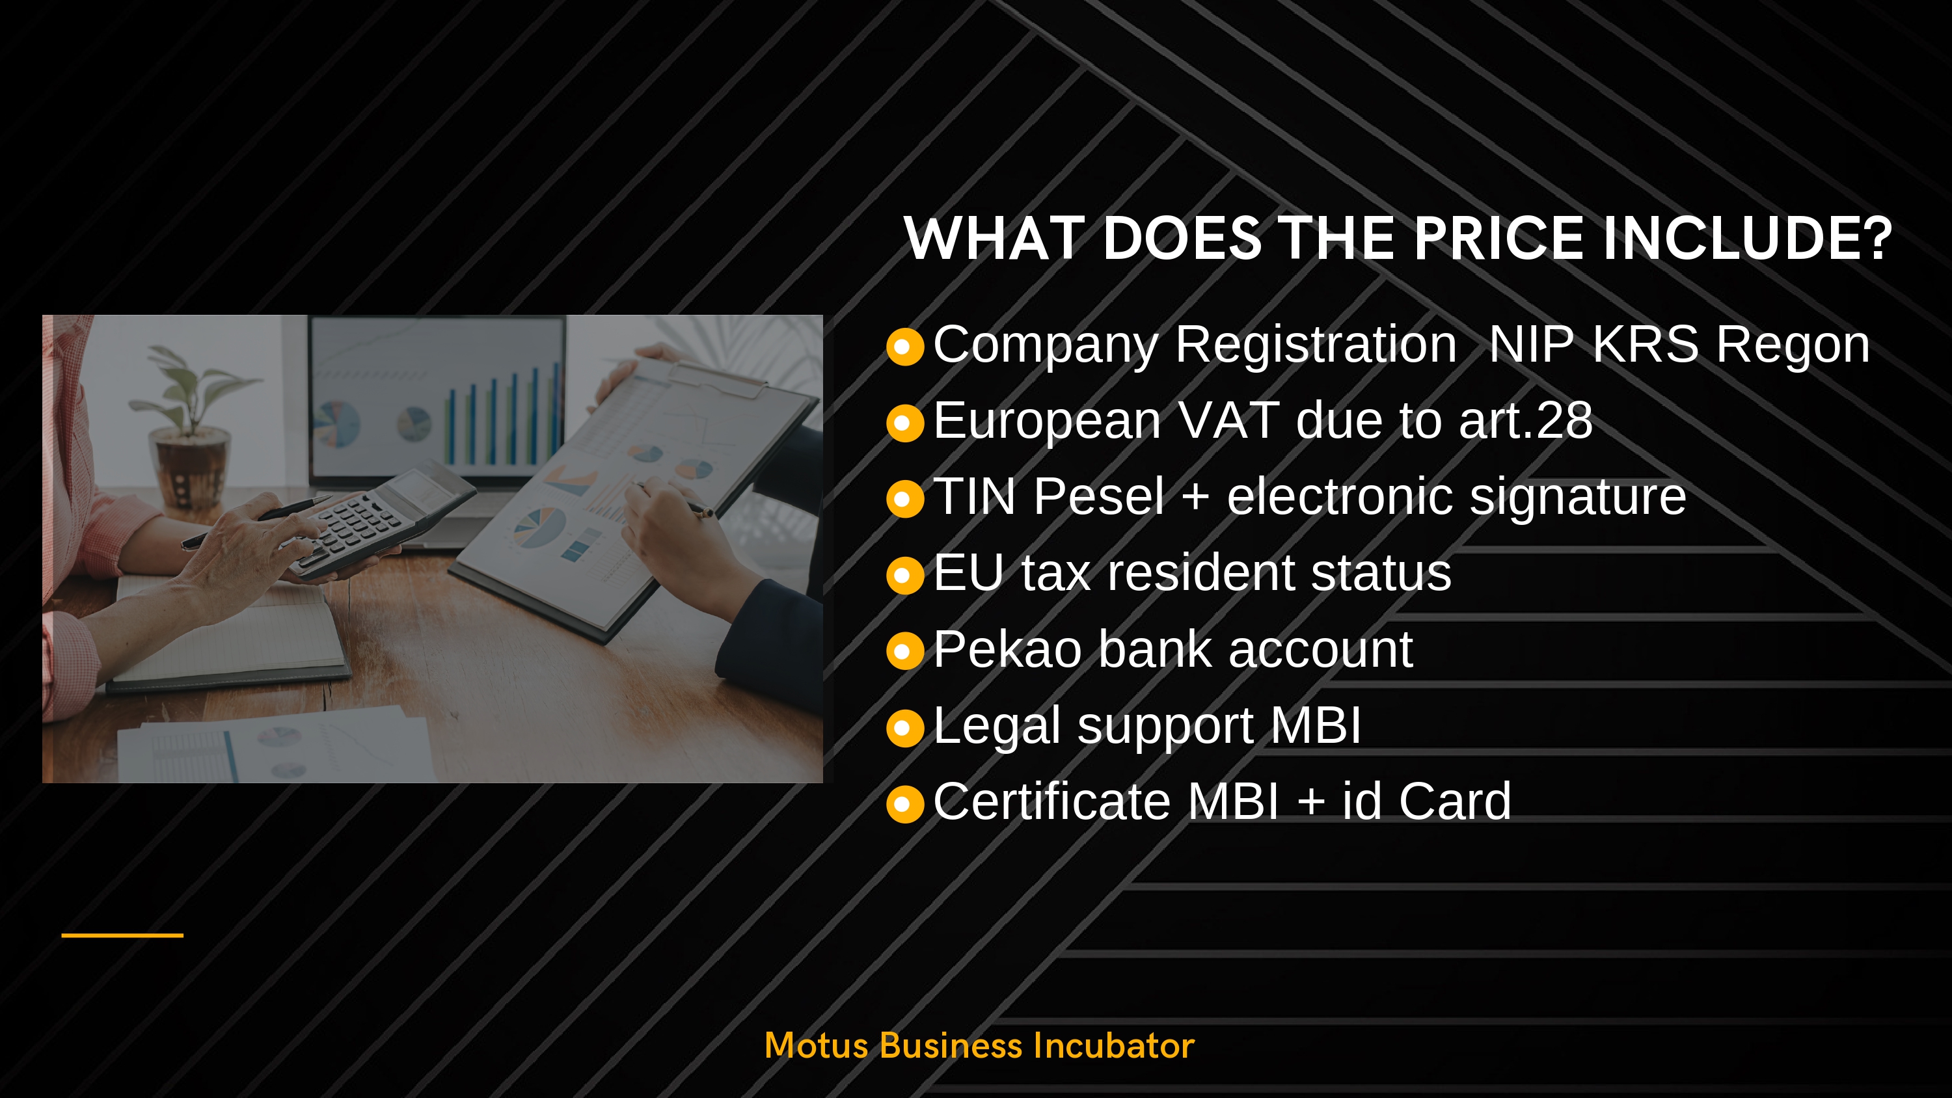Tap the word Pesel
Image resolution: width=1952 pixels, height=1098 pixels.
point(1099,496)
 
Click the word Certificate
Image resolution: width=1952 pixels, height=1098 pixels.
point(1051,801)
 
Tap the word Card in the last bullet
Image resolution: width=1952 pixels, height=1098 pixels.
point(1455,801)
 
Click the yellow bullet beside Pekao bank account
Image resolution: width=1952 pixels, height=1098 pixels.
point(905,651)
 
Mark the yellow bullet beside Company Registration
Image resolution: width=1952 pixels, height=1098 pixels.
point(905,347)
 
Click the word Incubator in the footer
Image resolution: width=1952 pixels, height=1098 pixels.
point(1113,1046)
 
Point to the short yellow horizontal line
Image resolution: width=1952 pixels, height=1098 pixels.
point(122,935)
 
